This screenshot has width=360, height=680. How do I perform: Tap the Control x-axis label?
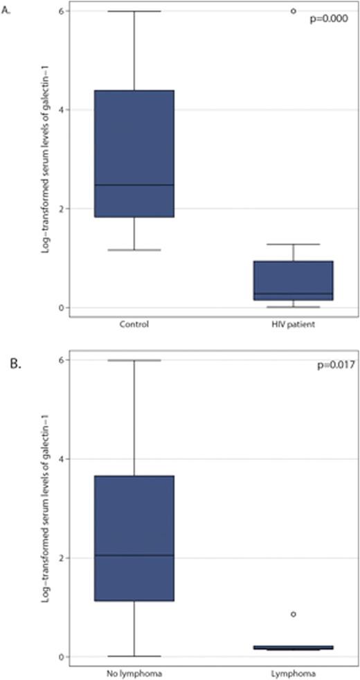coord(134,323)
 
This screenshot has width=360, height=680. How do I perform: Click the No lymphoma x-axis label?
coord(134,672)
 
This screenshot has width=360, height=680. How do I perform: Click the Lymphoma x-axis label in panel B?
coord(293,672)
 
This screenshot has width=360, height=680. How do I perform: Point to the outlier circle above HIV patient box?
coord(293,11)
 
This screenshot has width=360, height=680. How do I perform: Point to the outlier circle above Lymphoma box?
coord(293,614)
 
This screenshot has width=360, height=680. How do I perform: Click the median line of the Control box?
coord(134,185)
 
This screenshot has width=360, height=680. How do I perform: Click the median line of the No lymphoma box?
coord(134,555)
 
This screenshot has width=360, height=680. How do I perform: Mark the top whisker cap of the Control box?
coord(134,11)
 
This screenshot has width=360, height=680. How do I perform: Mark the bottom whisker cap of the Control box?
coord(134,250)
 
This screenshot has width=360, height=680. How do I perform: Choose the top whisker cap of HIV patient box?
coord(293,244)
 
